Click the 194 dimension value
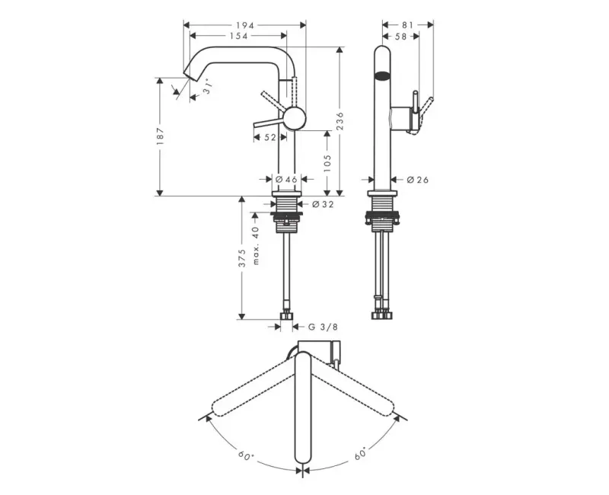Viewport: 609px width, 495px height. [244, 25]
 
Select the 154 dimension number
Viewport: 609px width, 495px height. [238, 36]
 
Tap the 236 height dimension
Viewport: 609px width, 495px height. [340, 121]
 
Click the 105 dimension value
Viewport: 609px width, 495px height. [327, 164]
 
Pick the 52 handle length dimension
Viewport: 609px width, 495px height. [270, 137]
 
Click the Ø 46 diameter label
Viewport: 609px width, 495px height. [286, 179]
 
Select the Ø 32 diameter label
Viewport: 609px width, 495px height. [323, 204]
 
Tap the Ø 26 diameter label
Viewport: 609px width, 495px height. [418, 180]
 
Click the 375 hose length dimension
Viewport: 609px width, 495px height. [242, 258]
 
